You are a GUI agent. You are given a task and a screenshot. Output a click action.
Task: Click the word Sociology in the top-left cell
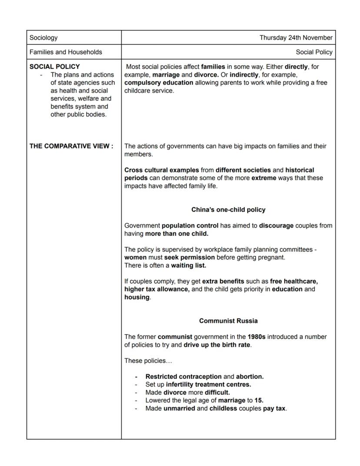(43, 38)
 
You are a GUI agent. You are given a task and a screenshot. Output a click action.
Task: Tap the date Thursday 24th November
(296, 38)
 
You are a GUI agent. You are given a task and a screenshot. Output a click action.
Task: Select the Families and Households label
(66, 52)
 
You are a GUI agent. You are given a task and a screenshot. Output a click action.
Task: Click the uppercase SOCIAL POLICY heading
(55, 67)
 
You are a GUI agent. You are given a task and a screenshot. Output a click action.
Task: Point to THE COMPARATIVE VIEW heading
(71, 146)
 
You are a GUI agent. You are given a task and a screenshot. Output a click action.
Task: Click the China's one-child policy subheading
(228, 210)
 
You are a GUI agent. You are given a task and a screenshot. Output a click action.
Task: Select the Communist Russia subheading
(228, 321)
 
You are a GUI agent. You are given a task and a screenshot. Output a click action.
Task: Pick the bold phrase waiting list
(188, 265)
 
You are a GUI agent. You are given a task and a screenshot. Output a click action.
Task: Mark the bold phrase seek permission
(189, 258)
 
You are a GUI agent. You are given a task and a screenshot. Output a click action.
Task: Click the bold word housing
(137, 297)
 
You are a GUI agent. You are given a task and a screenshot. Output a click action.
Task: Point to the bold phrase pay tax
(274, 409)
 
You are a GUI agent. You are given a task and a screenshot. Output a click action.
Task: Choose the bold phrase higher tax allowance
(157, 289)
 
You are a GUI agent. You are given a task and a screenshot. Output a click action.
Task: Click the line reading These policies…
(148, 361)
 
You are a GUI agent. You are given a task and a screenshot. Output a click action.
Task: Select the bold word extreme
(263, 178)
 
